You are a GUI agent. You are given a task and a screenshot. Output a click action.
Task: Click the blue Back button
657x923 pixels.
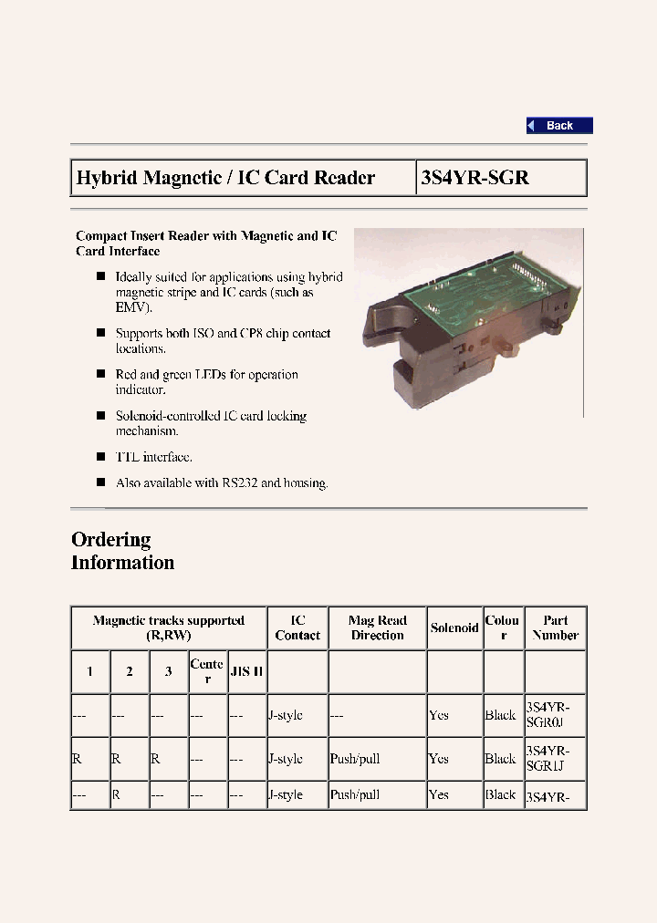(x=559, y=126)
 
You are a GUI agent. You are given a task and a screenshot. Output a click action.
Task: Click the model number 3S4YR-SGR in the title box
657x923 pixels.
(x=474, y=178)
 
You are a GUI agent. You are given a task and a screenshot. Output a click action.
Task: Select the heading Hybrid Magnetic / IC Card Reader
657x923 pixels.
(x=225, y=178)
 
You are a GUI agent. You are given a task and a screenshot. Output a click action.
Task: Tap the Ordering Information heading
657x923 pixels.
(x=122, y=551)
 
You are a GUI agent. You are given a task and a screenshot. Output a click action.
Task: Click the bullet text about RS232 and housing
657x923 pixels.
(x=221, y=482)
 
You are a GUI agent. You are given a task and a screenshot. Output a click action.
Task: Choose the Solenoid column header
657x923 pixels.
(x=454, y=627)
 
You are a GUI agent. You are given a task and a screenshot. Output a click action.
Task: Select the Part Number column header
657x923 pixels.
(x=555, y=627)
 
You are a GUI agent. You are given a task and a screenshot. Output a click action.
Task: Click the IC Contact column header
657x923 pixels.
(x=297, y=627)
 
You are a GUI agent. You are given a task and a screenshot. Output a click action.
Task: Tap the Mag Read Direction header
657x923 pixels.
(x=377, y=627)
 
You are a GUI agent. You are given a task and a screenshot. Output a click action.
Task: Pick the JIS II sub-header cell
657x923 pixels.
(x=246, y=671)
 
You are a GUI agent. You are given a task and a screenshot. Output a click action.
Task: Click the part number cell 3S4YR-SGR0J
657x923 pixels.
(x=547, y=714)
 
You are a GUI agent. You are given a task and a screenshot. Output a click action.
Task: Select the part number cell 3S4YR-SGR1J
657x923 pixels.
(x=547, y=759)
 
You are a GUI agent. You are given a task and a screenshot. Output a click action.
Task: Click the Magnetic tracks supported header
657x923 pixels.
(x=169, y=627)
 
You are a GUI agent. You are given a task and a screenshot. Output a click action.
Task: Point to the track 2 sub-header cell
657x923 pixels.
(x=130, y=671)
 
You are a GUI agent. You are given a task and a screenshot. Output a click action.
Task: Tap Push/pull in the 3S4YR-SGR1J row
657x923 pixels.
(x=355, y=759)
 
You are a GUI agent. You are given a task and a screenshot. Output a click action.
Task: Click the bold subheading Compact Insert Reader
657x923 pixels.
(x=206, y=243)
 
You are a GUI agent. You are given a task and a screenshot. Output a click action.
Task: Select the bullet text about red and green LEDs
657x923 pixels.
(x=206, y=381)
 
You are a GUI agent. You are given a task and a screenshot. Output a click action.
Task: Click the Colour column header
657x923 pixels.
(x=502, y=627)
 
